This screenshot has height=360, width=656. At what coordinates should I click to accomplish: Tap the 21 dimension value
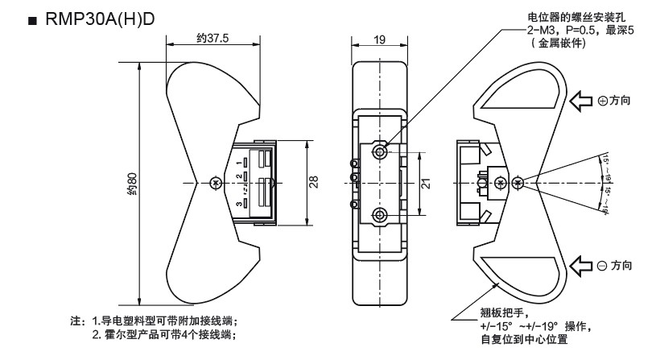pos(426,183)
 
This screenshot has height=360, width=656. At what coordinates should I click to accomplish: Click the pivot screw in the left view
pos(213,184)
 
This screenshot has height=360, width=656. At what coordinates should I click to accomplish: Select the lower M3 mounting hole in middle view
pos(380,214)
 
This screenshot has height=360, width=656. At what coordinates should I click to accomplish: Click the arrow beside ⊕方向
pos(581,101)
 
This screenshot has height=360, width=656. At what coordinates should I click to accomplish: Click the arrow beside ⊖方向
pos(581,264)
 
